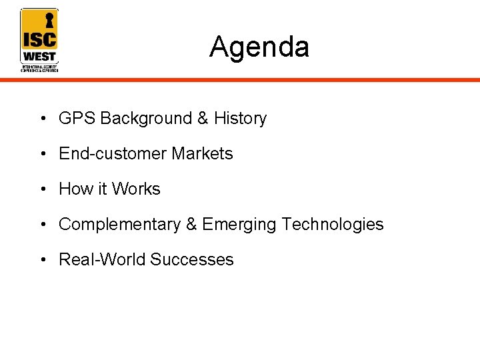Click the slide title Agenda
(259, 47)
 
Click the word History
(240, 119)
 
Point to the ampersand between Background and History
(203, 119)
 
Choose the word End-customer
(113, 154)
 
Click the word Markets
(202, 154)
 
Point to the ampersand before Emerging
(191, 225)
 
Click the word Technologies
(333, 225)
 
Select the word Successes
(192, 260)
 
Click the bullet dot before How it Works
(42, 190)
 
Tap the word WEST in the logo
(39, 56)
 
